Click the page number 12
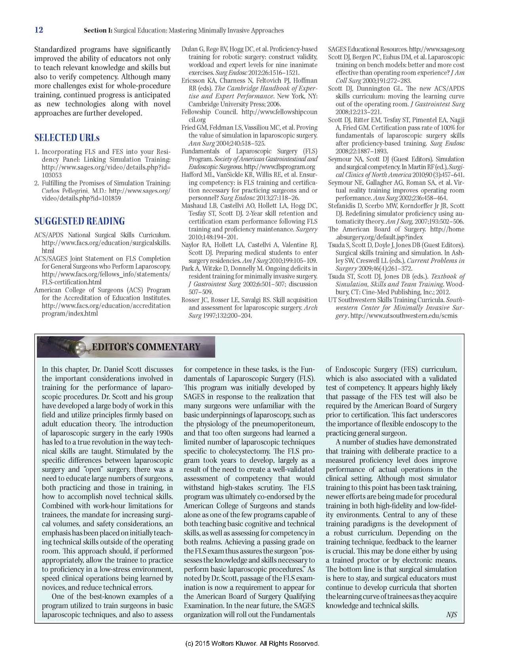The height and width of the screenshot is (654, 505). [39, 30]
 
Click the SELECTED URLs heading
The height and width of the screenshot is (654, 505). [67, 138]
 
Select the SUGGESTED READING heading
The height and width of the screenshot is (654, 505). [80, 221]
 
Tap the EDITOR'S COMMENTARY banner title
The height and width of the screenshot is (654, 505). [146, 347]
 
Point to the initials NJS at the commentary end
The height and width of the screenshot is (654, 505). [451, 615]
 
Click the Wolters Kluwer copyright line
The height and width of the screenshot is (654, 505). [252, 643]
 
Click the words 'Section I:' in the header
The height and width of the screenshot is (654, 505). [98, 31]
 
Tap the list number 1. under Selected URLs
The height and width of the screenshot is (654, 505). [37, 152]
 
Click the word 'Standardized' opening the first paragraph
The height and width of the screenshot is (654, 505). [55, 50]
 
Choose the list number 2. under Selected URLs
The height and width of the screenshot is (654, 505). [37, 183]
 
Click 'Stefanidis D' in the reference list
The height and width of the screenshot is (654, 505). [345, 206]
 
